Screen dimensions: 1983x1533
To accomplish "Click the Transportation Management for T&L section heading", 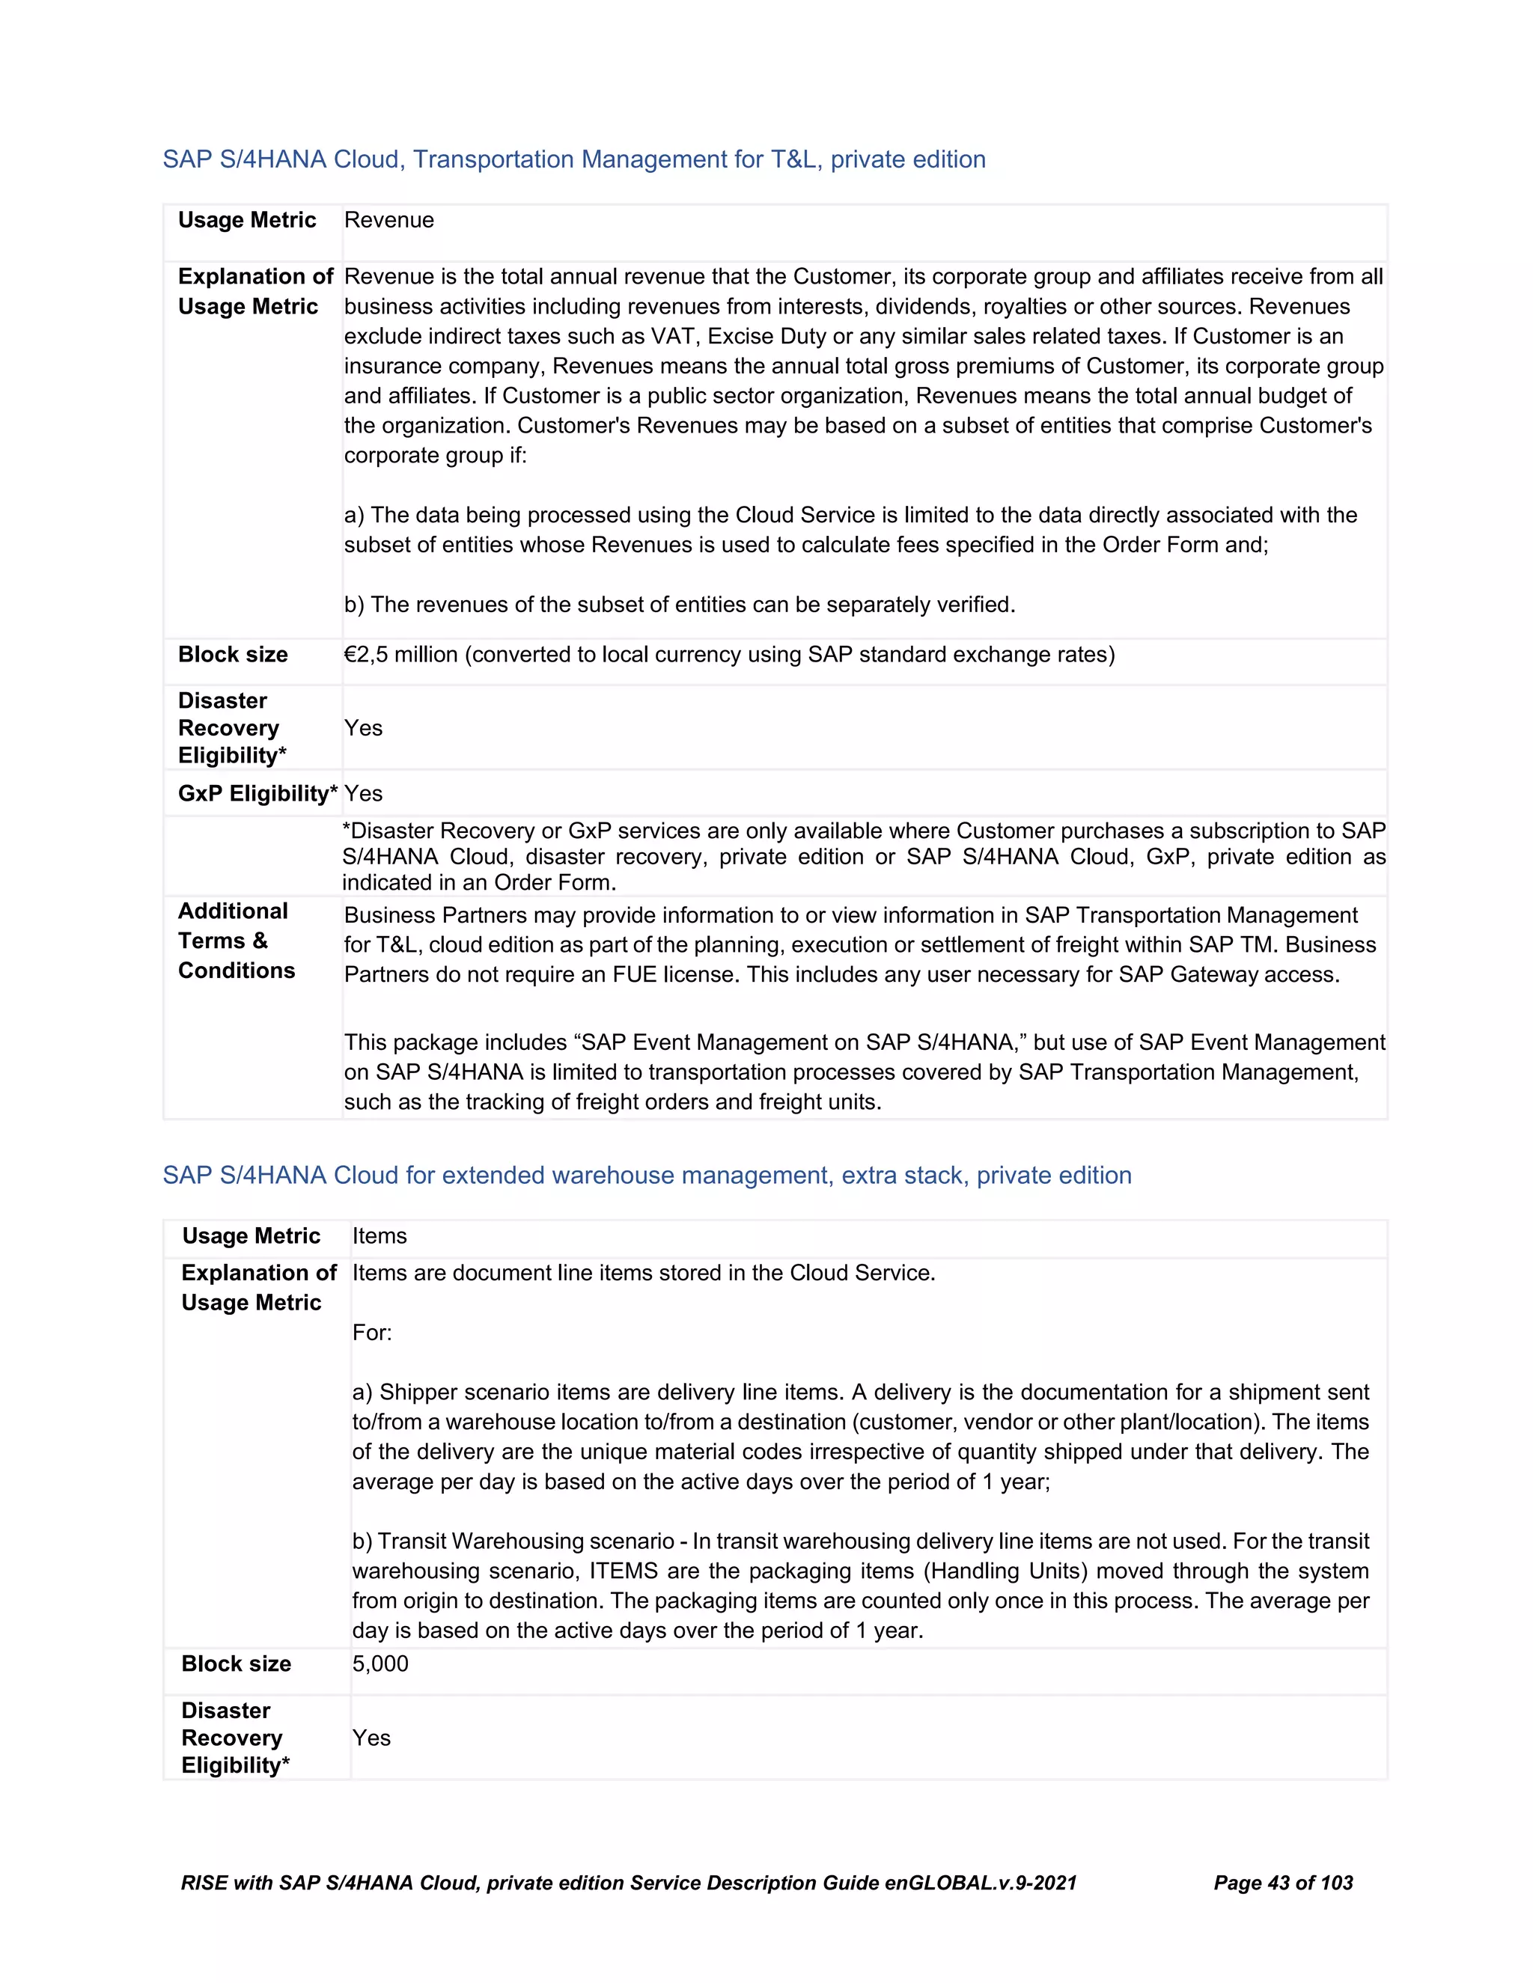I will pos(573,160).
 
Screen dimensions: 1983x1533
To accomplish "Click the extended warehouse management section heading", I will pos(647,1175).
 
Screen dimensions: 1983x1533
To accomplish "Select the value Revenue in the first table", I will pos(388,221).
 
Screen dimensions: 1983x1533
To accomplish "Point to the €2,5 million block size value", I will pos(400,655).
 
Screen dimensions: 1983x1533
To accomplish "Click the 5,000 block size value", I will pos(380,1663).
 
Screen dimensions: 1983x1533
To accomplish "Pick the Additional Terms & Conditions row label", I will pos(236,941).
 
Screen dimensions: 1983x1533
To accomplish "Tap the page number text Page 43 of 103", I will pos(1282,1883).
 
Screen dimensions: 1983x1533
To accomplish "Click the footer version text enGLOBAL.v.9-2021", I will pos(981,1883).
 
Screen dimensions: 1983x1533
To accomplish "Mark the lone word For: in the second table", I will pos(371,1333).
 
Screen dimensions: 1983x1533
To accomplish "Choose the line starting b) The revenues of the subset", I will pos(680,605).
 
